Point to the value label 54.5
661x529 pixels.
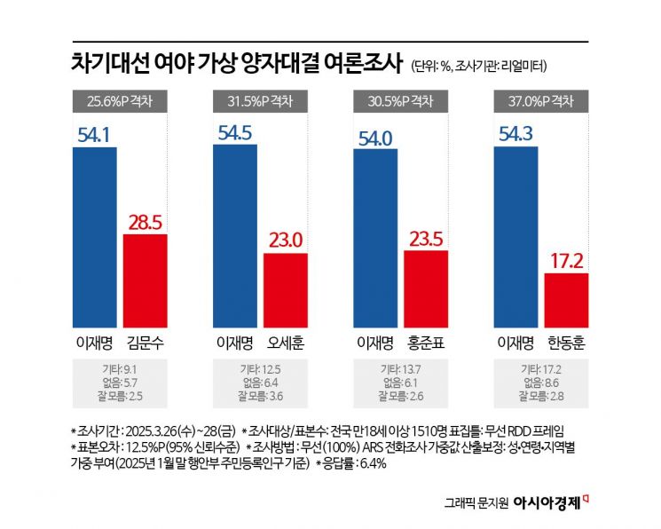click(235, 130)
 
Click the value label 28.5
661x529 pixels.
click(145, 220)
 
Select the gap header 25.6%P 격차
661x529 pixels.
click(119, 100)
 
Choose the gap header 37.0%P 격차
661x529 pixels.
click(540, 100)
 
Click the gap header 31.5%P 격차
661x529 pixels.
click(259, 100)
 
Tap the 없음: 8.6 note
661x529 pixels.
click(540, 382)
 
